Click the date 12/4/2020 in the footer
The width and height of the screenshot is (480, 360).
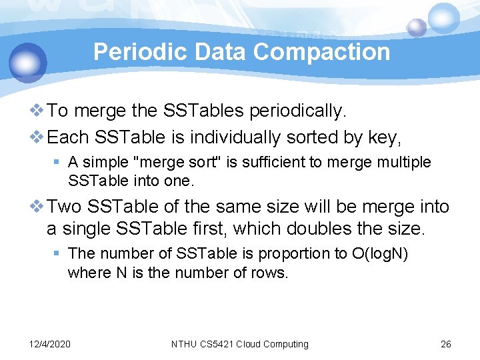(x=50, y=344)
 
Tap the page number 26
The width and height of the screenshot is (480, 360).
(x=446, y=344)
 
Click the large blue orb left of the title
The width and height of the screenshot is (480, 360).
(x=27, y=62)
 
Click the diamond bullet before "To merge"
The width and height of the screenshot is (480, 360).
(x=39, y=111)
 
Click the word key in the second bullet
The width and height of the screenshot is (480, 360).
(x=382, y=138)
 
